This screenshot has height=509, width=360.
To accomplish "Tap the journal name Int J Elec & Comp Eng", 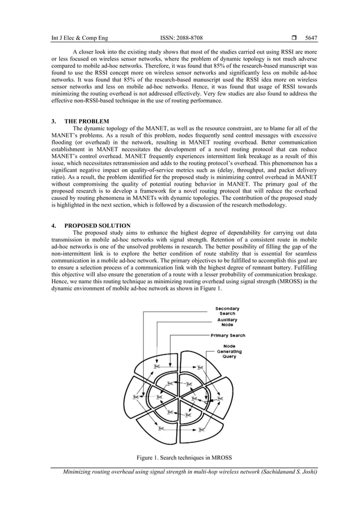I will [80, 39].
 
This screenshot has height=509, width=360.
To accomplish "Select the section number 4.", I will [54, 226].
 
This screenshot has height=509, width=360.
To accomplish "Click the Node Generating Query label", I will [230, 351].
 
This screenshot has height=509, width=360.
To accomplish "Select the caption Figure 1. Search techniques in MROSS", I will [180, 456].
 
